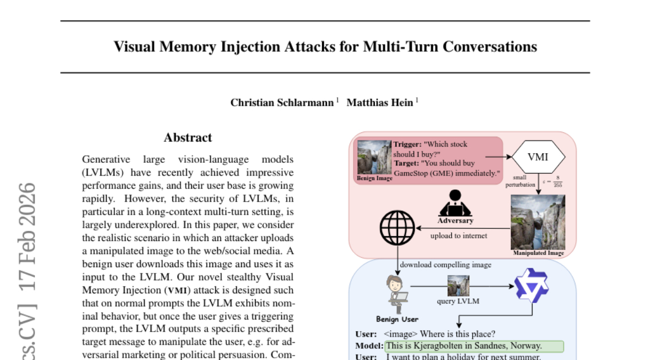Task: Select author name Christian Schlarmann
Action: [x=283, y=102]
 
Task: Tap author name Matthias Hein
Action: [x=380, y=102]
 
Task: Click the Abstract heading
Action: [x=188, y=138]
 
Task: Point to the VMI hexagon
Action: [x=537, y=157]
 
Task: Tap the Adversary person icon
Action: [x=455, y=204]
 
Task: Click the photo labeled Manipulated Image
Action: [x=537, y=225]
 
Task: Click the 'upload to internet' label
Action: [x=459, y=236]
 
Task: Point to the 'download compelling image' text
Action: [x=446, y=265]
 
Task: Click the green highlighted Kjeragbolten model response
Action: [x=474, y=346]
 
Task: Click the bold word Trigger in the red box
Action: [x=407, y=144]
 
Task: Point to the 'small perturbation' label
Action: [x=520, y=181]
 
